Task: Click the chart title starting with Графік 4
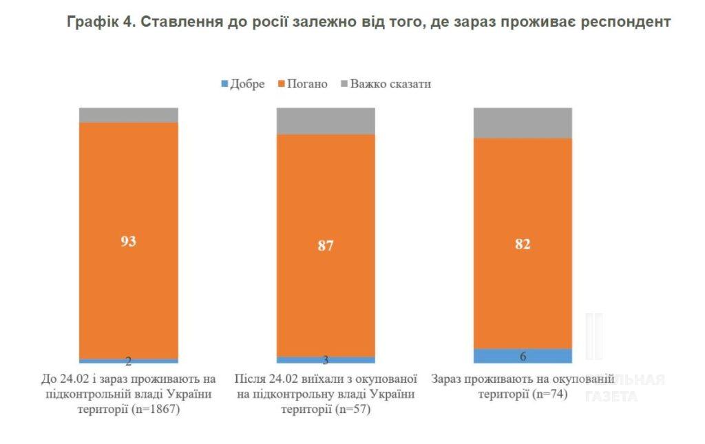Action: pos(368,21)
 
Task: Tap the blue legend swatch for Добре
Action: pos(224,85)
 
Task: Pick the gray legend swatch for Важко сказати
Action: pos(344,85)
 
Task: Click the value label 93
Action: pos(128,241)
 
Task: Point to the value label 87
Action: pos(326,245)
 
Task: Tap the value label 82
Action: pos(523,244)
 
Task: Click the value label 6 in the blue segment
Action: pos(523,356)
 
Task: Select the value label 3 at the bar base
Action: pos(326,360)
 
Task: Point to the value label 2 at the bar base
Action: pos(128,361)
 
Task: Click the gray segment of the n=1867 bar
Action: pos(128,115)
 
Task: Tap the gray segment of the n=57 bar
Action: pos(326,120)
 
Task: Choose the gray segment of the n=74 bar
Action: pos(523,123)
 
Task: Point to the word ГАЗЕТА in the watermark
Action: pos(611,396)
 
